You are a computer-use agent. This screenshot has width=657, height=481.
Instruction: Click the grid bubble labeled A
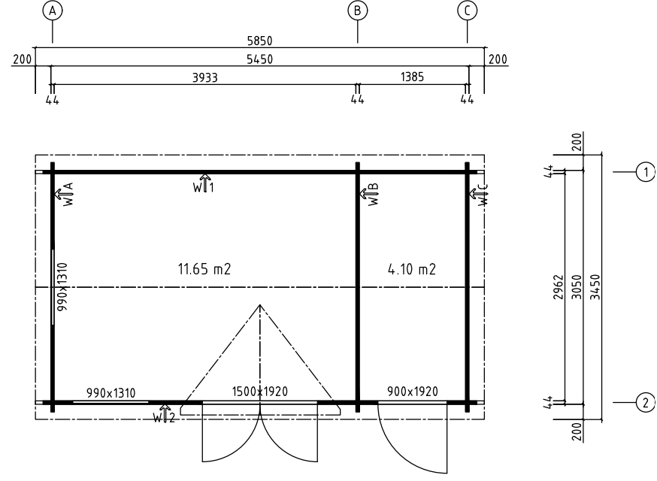tap(53, 11)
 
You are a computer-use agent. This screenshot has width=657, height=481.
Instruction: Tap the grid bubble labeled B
tap(357, 11)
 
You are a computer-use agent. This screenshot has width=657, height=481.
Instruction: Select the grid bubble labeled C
tap(467, 11)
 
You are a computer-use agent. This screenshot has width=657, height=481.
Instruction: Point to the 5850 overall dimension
tap(260, 41)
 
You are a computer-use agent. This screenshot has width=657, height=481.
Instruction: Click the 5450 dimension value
tap(260, 59)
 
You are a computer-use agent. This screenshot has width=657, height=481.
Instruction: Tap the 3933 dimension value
tap(205, 77)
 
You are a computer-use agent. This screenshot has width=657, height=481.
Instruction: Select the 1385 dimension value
tap(412, 77)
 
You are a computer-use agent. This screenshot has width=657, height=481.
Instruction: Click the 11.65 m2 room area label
tap(204, 268)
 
